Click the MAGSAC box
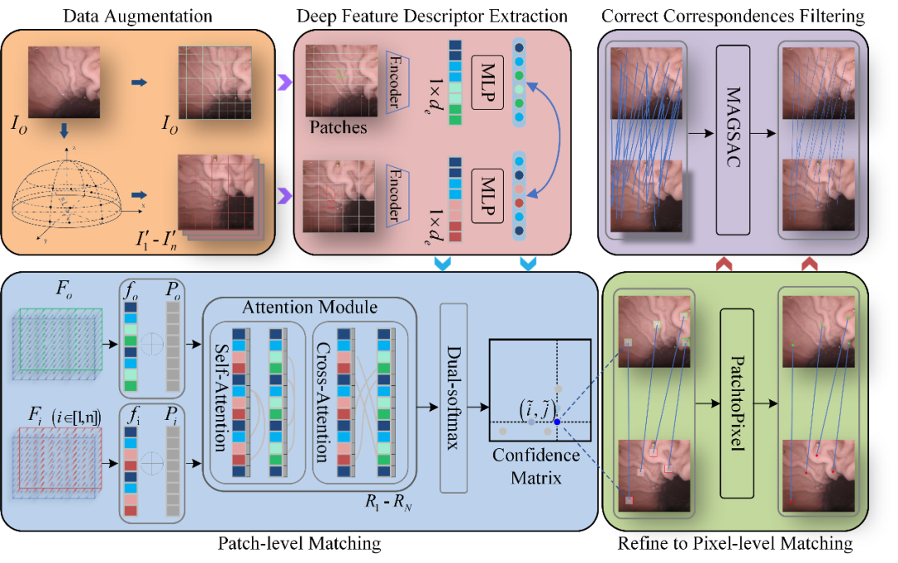[x=733, y=141]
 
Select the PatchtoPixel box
[x=737, y=403]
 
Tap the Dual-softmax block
[x=454, y=398]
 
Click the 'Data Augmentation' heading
[x=137, y=16]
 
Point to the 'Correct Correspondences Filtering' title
[x=733, y=16]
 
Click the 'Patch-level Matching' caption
[x=299, y=543]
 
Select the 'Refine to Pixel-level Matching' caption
[x=735, y=543]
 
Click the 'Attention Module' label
[x=310, y=308]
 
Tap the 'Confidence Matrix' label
[x=536, y=467]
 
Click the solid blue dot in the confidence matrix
[x=556, y=422]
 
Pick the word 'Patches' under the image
[x=338, y=127]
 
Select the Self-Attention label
[x=221, y=398]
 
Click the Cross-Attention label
[x=323, y=402]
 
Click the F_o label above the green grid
[x=63, y=288]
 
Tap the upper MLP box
[x=487, y=81]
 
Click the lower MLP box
[x=487, y=196]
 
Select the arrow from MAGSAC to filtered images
[x=762, y=133]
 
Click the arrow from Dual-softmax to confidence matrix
[x=478, y=407]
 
